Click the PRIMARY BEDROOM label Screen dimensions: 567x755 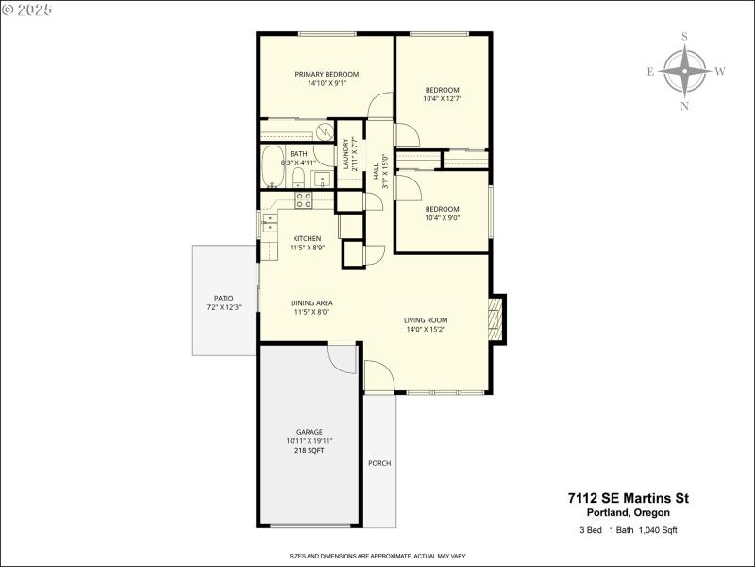[x=327, y=74]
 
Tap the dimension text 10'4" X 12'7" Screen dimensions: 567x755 [x=442, y=98]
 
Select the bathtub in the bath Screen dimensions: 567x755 [x=271, y=169]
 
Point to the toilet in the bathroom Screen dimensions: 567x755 [x=296, y=180]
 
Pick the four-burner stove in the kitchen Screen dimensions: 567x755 [x=304, y=199]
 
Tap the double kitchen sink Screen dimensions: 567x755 [x=268, y=222]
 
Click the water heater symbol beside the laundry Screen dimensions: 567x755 [x=324, y=131]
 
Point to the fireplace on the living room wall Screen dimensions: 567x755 [x=497, y=318]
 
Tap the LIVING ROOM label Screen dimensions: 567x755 [x=426, y=320]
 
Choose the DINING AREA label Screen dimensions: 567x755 [x=312, y=302]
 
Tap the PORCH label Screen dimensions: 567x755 [x=379, y=463]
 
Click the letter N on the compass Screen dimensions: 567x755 [x=685, y=106]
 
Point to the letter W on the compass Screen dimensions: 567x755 [x=720, y=71]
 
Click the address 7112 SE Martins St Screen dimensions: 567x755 [x=621, y=497]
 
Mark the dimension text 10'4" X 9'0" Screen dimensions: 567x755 [x=442, y=218]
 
